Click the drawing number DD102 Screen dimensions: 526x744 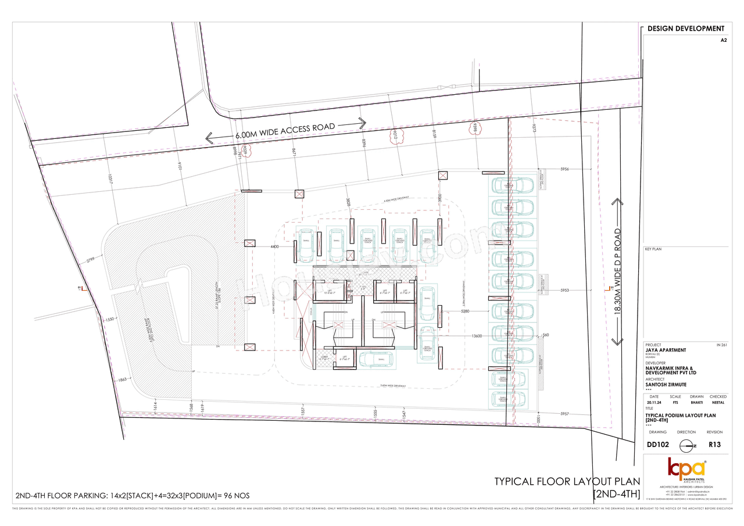pyautogui.click(x=658, y=445)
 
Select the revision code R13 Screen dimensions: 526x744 pyautogui.click(x=714, y=445)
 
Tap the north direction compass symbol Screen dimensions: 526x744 pyautogui.click(x=686, y=446)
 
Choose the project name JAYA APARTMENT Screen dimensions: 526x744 pyautogui.click(x=666, y=350)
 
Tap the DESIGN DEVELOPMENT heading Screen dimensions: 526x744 pyautogui.click(x=685, y=28)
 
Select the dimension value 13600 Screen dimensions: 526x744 pyautogui.click(x=477, y=336)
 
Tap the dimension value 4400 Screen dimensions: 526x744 pyautogui.click(x=275, y=247)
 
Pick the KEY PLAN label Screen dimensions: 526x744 pyautogui.click(x=653, y=249)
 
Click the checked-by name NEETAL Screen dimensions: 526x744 pyautogui.click(x=718, y=402)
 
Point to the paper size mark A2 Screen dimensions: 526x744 pyautogui.click(x=723, y=41)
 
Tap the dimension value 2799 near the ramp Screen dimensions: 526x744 pyautogui.click(x=91, y=261)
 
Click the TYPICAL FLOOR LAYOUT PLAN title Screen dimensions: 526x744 pyautogui.click(x=567, y=481)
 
